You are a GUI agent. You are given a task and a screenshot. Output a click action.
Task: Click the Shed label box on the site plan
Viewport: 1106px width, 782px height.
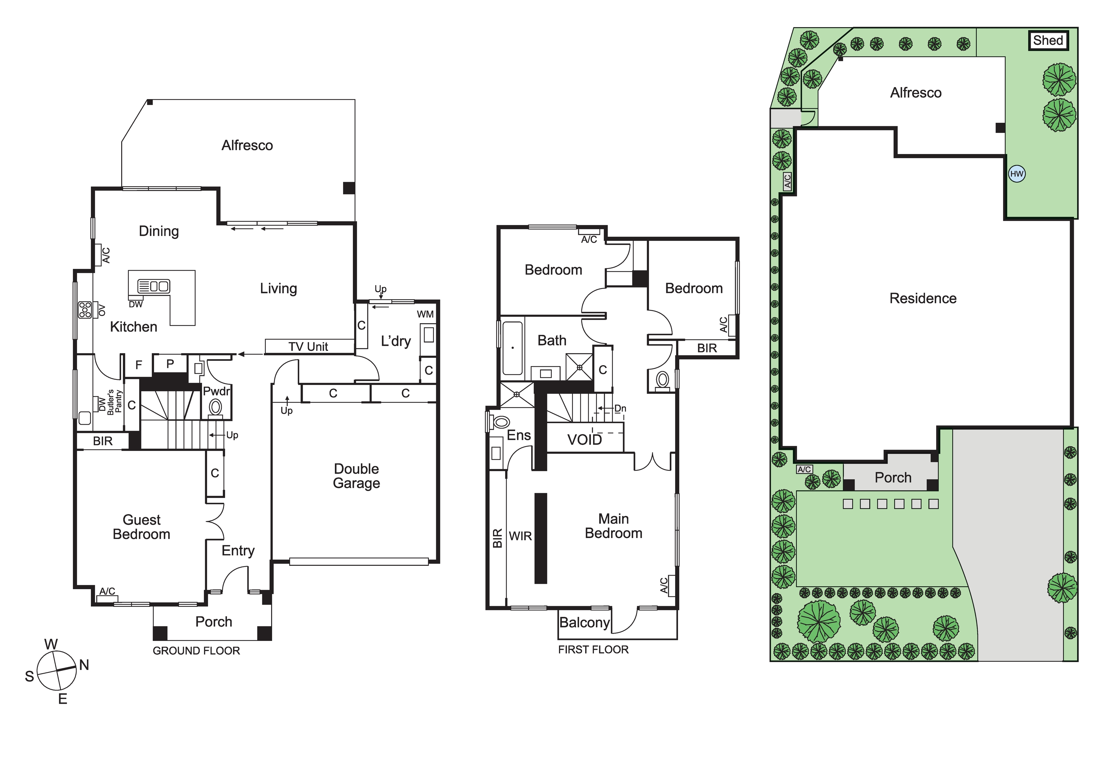point(1049,40)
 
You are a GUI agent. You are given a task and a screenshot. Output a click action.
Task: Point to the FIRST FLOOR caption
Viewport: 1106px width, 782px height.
point(593,649)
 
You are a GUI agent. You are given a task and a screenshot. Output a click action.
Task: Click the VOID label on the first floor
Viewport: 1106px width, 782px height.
point(584,440)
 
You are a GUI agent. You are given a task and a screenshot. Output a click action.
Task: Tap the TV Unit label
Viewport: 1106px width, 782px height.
point(308,347)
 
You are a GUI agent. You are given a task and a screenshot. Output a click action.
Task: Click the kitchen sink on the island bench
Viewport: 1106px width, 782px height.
point(154,286)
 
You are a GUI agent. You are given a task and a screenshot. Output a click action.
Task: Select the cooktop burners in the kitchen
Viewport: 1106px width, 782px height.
point(85,310)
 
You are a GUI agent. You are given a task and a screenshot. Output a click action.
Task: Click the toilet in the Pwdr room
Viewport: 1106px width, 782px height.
point(215,408)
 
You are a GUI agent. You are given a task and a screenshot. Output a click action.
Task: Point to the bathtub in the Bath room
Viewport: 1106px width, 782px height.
point(513,348)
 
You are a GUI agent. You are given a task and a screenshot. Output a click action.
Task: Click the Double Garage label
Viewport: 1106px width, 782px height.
point(356,476)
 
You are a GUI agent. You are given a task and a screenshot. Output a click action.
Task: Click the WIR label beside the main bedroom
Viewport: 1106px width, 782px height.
point(520,536)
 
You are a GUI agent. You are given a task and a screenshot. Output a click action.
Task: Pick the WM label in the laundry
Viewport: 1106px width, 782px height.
point(425,314)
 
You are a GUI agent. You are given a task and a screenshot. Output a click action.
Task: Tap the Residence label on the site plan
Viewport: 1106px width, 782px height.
point(923,299)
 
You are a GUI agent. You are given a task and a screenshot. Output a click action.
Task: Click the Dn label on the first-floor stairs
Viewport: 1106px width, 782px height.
point(621,408)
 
